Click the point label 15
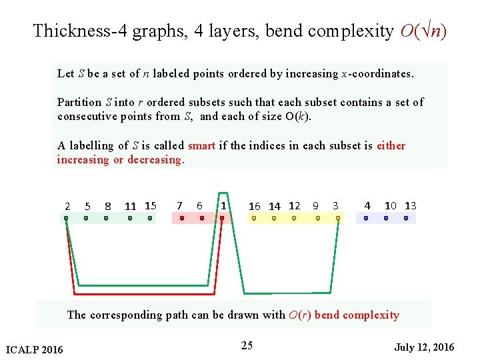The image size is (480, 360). [150, 205]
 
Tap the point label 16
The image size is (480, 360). [255, 206]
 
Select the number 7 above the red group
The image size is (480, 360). [179, 205]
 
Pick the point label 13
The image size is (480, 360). [411, 205]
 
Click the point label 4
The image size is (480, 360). [367, 205]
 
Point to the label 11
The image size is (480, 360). [131, 206]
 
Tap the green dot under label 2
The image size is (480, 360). [66, 218]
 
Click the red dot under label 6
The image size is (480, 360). [202, 218]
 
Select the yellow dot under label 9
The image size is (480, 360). [317, 218]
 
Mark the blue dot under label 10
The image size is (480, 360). [386, 218]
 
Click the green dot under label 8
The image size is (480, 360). [107, 218]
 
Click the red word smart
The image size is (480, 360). [201, 145]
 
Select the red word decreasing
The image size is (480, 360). [155, 159]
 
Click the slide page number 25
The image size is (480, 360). [247, 345]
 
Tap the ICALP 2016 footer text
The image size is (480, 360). [34, 349]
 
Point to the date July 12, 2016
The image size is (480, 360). [424, 347]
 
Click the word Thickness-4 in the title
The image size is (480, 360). [79, 31]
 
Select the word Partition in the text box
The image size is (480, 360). [79, 102]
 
